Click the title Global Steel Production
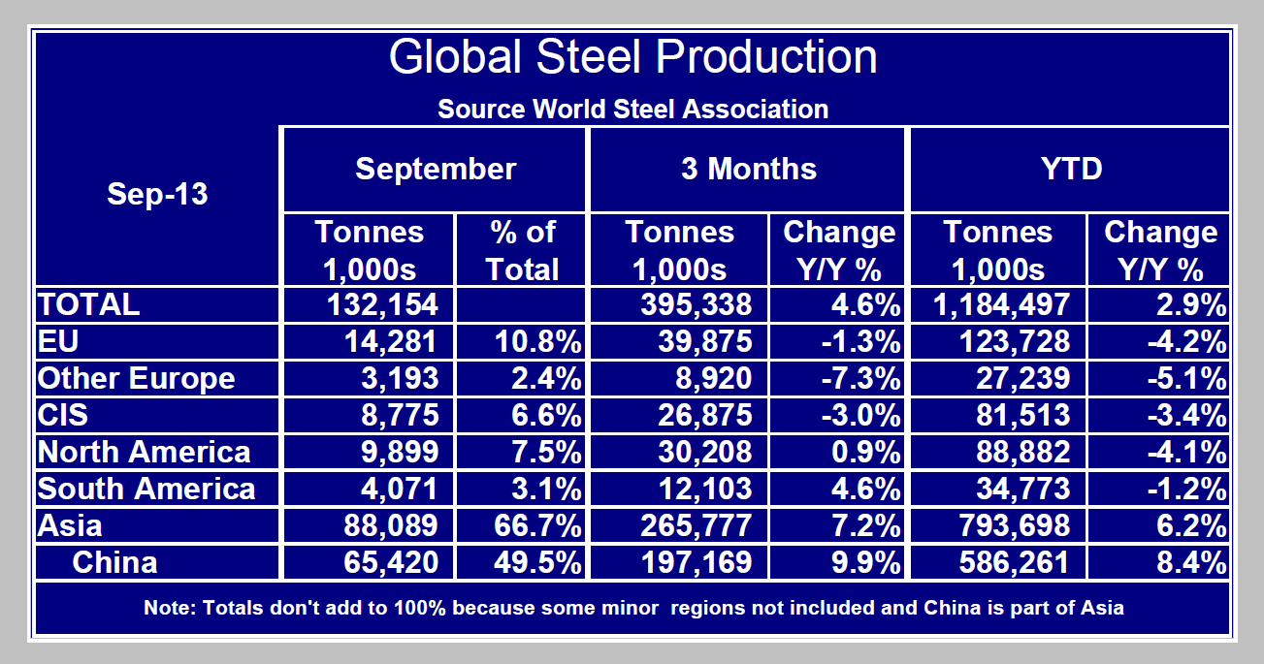(632, 58)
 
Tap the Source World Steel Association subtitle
(632, 109)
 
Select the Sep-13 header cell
(157, 194)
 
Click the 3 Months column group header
(748, 169)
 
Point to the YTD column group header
(1069, 169)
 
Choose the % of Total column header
(522, 250)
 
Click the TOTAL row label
(88, 304)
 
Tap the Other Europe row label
(136, 378)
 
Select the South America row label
(146, 489)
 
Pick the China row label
(114, 562)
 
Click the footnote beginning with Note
(632, 609)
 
